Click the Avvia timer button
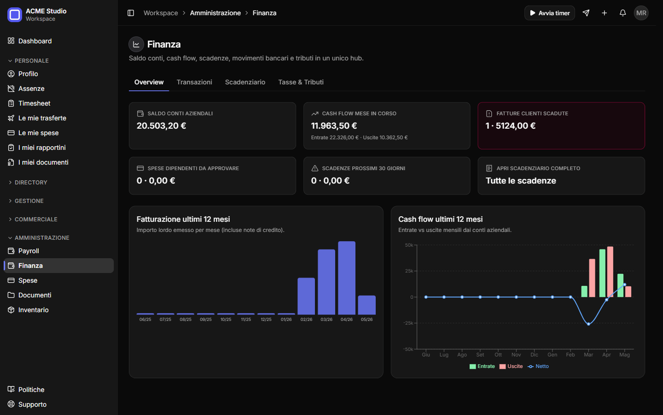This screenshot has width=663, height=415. click(x=549, y=13)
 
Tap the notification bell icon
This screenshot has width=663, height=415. click(x=623, y=13)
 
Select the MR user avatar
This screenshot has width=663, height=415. click(x=641, y=13)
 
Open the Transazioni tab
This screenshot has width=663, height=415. click(x=194, y=82)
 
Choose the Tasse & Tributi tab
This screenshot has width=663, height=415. click(x=301, y=82)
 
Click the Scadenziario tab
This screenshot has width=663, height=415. click(x=245, y=82)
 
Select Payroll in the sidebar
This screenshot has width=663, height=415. click(x=29, y=251)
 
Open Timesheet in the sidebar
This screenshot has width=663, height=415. click(x=35, y=103)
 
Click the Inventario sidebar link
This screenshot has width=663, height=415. click(x=34, y=310)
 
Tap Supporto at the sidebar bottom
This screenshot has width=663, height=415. click(x=32, y=404)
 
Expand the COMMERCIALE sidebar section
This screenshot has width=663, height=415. click(x=36, y=219)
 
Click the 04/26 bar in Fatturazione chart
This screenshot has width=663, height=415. click(x=347, y=278)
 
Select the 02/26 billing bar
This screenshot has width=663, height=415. click(x=306, y=296)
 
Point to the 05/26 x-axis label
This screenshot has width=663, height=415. click(x=366, y=319)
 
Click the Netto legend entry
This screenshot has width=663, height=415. click(x=538, y=367)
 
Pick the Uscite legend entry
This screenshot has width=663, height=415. click(x=511, y=367)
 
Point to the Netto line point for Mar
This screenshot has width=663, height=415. click(x=588, y=324)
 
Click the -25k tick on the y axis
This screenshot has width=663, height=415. click(x=408, y=323)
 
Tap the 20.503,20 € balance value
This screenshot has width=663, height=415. click(x=161, y=126)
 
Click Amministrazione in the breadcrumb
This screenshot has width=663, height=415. click(x=215, y=13)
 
